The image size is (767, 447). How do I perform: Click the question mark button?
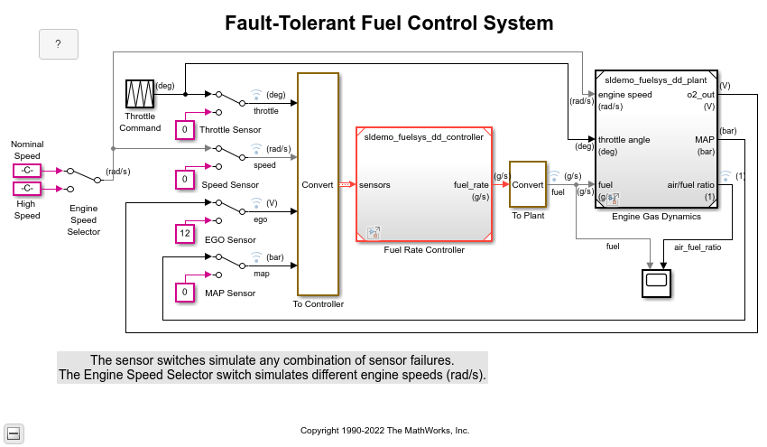[58, 44]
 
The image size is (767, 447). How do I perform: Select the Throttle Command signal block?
[140, 95]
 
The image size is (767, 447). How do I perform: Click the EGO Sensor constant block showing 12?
[185, 234]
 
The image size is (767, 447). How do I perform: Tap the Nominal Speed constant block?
[27, 170]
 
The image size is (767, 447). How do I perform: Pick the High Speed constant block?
[27, 189]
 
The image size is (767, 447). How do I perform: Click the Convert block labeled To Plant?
[527, 184]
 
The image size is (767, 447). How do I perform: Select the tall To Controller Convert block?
[318, 184]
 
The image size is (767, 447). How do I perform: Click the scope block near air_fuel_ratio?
[657, 282]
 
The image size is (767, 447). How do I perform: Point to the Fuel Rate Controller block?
[423, 184]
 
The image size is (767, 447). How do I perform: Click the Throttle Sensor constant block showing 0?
[185, 129]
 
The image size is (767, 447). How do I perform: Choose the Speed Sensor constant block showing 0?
[185, 180]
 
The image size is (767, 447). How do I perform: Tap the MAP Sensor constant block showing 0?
[185, 292]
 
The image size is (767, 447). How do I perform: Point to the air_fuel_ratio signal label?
[698, 247]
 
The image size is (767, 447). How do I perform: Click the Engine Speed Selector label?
[84, 219]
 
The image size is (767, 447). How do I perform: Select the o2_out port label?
[700, 94]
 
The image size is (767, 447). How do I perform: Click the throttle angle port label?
[624, 140]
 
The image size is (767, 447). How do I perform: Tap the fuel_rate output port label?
[471, 184]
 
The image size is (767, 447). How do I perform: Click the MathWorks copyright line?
[384, 431]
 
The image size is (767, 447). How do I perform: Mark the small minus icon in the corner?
[14, 433]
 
